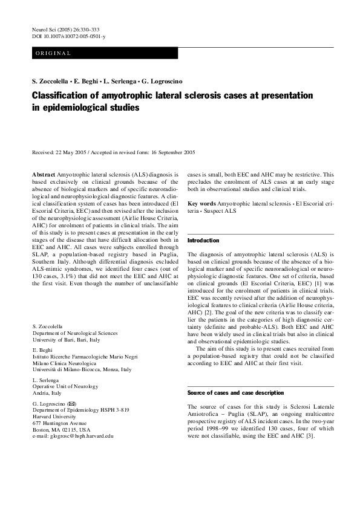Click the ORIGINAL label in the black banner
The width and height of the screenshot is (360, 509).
click(x=53, y=54)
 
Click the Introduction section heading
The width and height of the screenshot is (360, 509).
click(x=203, y=240)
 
